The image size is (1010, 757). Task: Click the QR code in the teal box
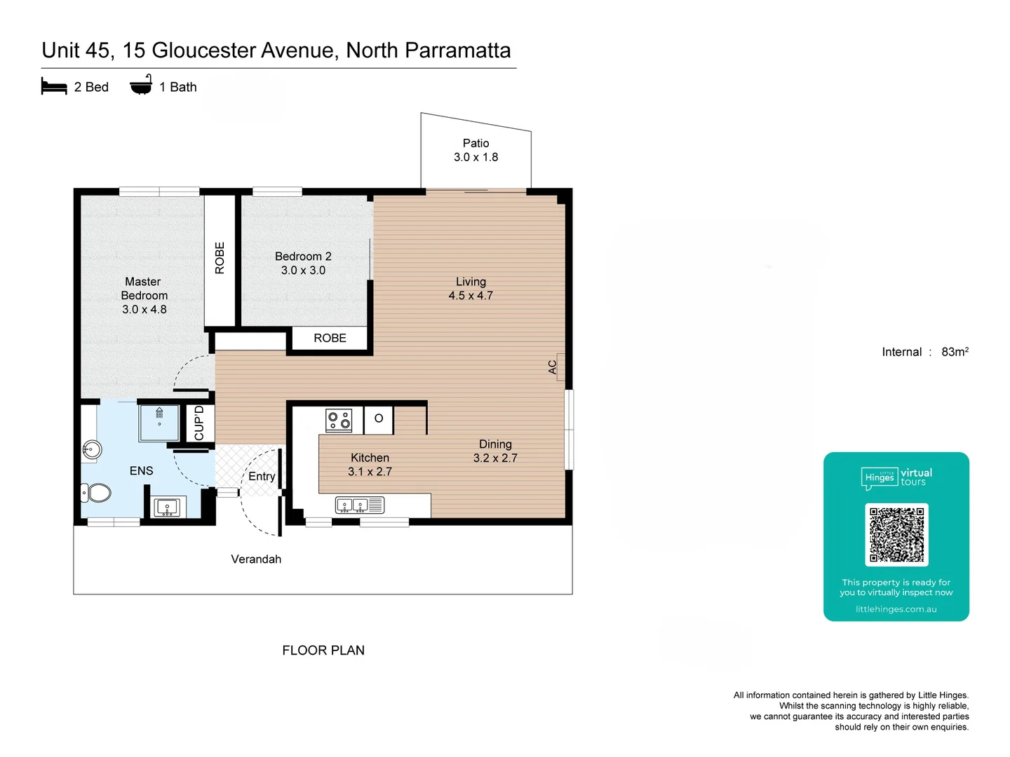click(x=896, y=535)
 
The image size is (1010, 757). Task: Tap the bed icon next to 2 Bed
click(x=54, y=87)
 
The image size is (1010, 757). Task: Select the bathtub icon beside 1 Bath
click(x=141, y=85)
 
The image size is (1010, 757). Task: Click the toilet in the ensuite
click(x=97, y=493)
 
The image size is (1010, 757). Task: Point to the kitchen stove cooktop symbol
click(x=339, y=421)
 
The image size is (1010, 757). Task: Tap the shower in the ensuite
click(x=159, y=423)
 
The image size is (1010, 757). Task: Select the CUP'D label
click(x=199, y=423)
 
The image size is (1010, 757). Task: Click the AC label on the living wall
click(x=553, y=367)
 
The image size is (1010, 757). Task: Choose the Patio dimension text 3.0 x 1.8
click(x=476, y=157)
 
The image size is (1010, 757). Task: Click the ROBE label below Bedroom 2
click(x=330, y=338)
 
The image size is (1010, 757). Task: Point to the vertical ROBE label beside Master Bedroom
click(x=220, y=258)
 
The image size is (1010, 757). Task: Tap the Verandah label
click(x=256, y=559)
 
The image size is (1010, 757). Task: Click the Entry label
click(x=262, y=477)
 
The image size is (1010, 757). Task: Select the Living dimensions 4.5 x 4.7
click(x=471, y=296)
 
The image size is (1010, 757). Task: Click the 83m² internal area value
click(x=955, y=352)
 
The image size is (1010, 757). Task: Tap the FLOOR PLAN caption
click(x=323, y=650)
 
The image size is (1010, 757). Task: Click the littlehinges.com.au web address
click(x=896, y=609)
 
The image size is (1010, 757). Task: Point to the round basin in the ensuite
click(x=91, y=449)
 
